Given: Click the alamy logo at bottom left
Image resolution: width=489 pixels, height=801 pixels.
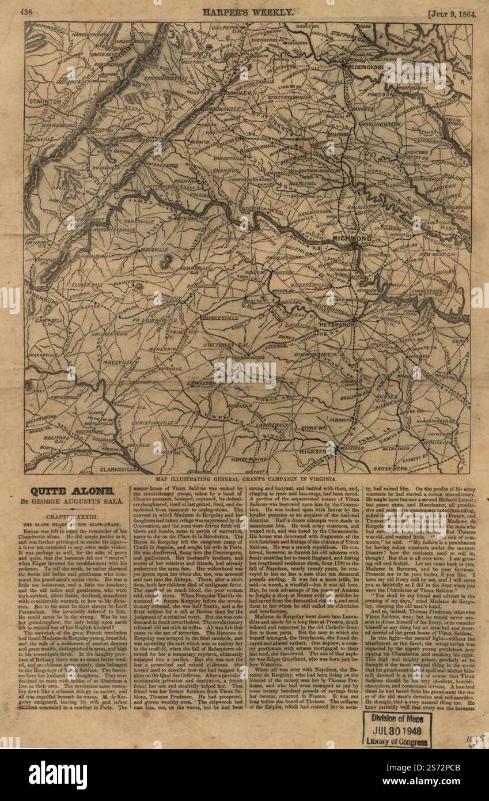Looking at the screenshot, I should tap(58, 775).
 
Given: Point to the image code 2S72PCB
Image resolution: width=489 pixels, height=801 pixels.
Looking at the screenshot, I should tap(453, 774).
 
